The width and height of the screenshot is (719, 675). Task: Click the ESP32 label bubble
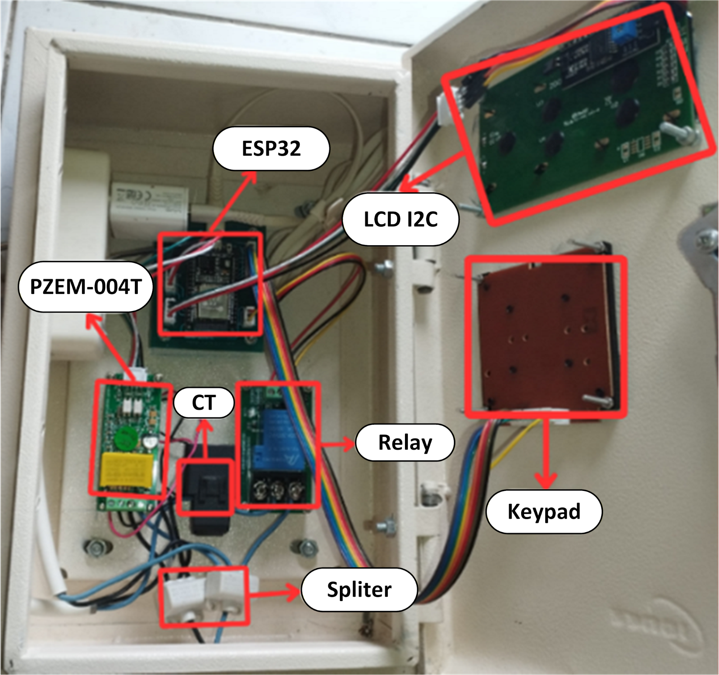(x=271, y=148)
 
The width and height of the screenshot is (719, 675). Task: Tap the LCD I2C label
(x=400, y=219)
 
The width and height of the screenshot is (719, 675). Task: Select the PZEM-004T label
(x=85, y=287)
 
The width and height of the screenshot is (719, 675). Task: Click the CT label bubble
(x=204, y=402)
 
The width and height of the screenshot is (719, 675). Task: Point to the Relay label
(x=405, y=442)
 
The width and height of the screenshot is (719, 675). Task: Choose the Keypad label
(x=543, y=511)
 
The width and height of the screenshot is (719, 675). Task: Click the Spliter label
(x=359, y=589)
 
